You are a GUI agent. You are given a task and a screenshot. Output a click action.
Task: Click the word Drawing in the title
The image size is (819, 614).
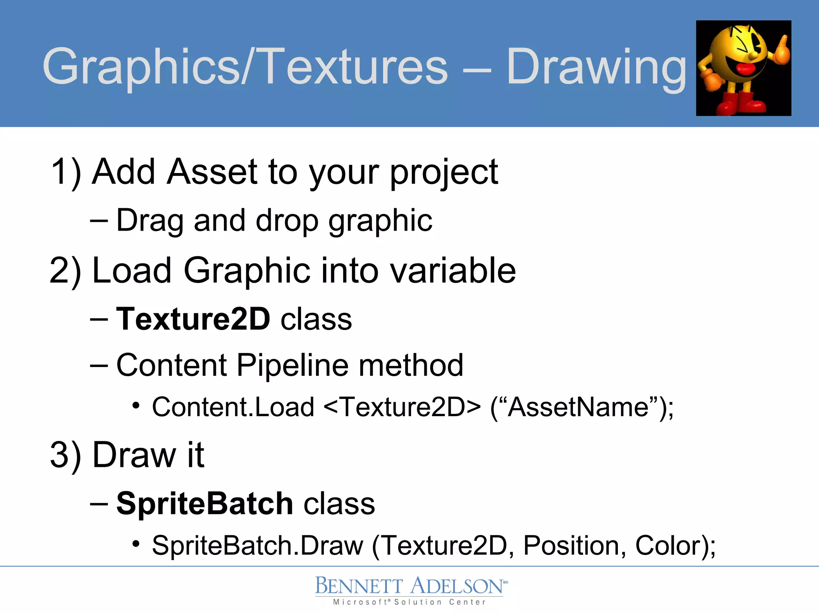coord(596,67)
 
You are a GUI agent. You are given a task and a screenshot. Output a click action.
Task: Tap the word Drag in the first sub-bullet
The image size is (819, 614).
coord(149,221)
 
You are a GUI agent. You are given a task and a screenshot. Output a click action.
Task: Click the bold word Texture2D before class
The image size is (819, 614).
coord(193,319)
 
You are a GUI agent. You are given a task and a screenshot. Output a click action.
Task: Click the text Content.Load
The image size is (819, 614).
coord(233,407)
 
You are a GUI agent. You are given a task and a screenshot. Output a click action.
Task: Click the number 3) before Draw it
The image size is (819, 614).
coord(65,455)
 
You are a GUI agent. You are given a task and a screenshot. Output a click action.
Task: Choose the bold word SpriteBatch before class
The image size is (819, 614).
coord(205,503)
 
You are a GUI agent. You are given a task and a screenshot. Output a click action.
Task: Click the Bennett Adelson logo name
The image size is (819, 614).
coord(409,586)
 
